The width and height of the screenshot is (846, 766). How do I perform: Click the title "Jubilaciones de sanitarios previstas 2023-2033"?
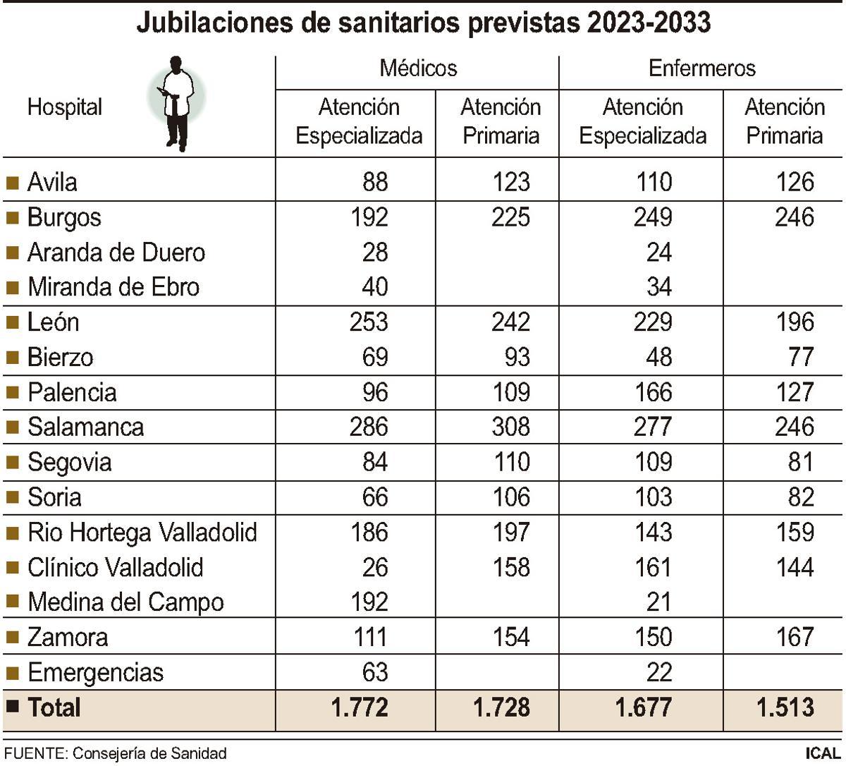coord(423,23)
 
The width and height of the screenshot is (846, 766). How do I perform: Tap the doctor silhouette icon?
coord(176,102)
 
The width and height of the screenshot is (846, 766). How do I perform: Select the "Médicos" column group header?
coord(417,68)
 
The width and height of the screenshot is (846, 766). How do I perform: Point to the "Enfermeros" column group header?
coord(701,68)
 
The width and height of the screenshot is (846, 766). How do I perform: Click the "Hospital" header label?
coord(64,107)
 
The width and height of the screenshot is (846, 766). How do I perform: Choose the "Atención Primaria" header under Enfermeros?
coord(784,121)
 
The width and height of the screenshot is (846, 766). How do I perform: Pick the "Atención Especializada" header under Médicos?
coord(359,121)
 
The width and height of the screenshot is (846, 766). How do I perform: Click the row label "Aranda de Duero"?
coord(116,253)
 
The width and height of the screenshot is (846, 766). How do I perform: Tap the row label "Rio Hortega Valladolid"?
coord(142,532)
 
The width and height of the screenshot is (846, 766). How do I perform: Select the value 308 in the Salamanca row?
coord(510,427)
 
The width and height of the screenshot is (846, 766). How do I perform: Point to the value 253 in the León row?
coord(369,322)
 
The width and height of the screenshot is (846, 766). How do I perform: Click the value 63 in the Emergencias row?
coord(374,671)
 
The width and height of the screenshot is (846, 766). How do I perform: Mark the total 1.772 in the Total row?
coord(360,707)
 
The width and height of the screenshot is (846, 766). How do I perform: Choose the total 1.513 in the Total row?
coord(785,707)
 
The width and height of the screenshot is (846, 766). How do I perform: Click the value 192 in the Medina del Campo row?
coord(369,602)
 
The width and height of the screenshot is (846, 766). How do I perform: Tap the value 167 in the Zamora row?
coord(795,637)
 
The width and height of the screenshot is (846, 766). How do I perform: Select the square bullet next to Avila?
coord(12,183)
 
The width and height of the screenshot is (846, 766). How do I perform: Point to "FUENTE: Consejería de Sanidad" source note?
coord(116,753)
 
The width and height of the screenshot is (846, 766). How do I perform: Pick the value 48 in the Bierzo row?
coord(658,357)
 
